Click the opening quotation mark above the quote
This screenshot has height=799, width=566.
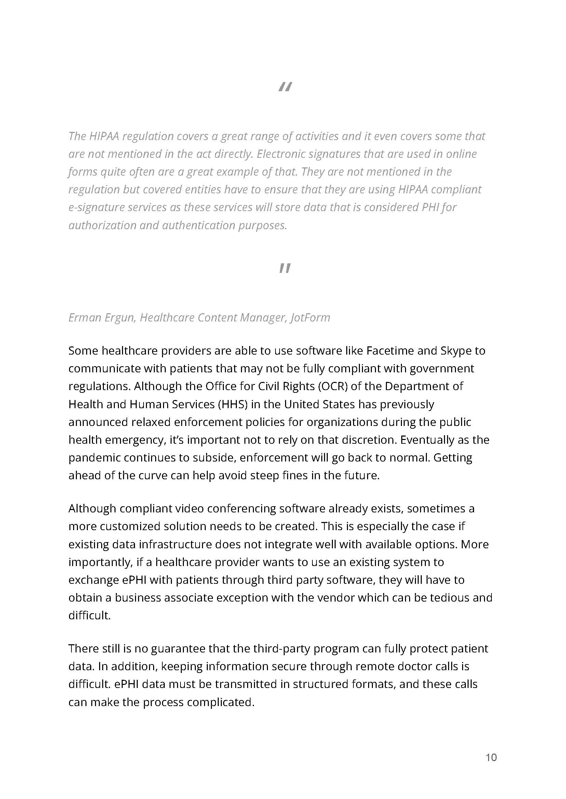click(x=285, y=86)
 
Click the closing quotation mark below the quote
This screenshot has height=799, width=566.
click(x=285, y=268)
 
